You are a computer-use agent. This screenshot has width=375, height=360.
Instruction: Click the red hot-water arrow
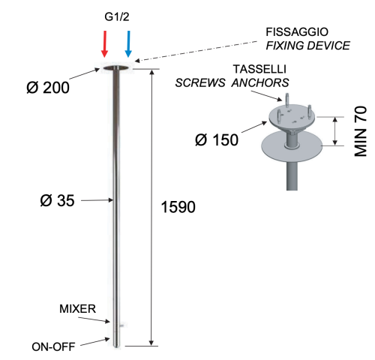pyautogui.click(x=105, y=44)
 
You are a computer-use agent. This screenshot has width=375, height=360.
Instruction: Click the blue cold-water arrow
pyautogui.click(x=128, y=44)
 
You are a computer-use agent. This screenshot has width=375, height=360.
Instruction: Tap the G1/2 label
pyautogui.click(x=117, y=17)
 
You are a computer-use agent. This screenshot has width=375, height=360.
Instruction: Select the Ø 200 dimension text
pyautogui.click(x=48, y=88)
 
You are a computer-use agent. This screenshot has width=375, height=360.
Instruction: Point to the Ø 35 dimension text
pyautogui.click(x=57, y=200)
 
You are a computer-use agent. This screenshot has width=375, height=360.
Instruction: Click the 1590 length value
pyautogui.click(x=178, y=207)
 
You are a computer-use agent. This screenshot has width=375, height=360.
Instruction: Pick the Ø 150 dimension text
pyautogui.click(x=217, y=139)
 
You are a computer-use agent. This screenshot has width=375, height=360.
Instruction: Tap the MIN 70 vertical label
pyautogui.click(x=361, y=131)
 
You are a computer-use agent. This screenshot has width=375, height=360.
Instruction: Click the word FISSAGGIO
pyautogui.click(x=297, y=32)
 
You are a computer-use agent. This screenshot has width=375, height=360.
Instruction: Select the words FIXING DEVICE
pyautogui.click(x=307, y=46)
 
